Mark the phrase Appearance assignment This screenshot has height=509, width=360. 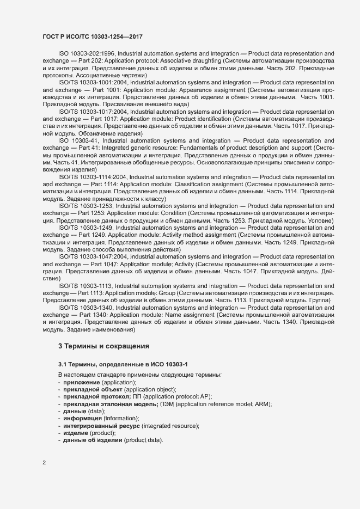click(214, 89)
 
